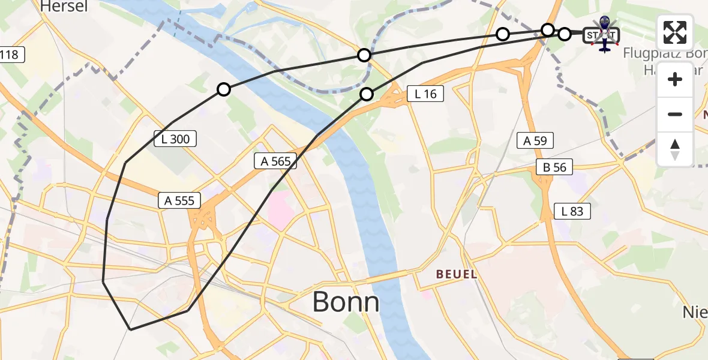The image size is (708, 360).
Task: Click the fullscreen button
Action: click(675, 32)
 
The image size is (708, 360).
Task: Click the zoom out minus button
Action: click(675, 114)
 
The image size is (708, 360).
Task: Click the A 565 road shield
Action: click(275, 161)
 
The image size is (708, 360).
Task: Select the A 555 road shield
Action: click(179, 200)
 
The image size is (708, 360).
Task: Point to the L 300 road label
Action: click(175, 139)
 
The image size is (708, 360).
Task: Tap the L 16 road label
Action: click(425, 94)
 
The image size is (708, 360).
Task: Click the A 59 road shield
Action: click(535, 141)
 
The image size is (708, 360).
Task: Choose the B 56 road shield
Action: click(554, 167)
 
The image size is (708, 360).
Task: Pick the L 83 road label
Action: click(572, 211)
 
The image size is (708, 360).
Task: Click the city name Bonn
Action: click(346, 302)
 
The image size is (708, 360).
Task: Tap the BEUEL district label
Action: click(456, 274)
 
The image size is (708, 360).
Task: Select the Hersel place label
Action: click(64, 7)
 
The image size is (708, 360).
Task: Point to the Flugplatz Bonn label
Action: click(665, 53)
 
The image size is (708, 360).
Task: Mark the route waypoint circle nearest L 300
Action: click(224, 89)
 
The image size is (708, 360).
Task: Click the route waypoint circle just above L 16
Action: click(367, 94)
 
